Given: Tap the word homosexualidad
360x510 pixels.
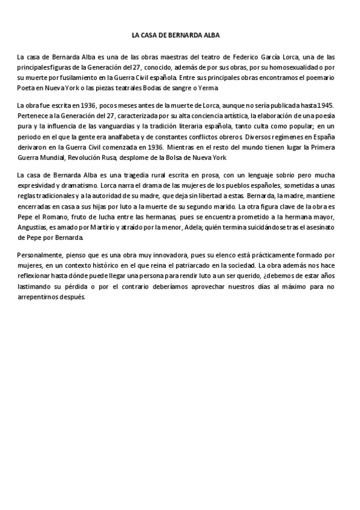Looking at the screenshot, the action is (x=297, y=67).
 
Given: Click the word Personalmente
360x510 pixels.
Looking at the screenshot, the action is (x=39, y=254).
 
